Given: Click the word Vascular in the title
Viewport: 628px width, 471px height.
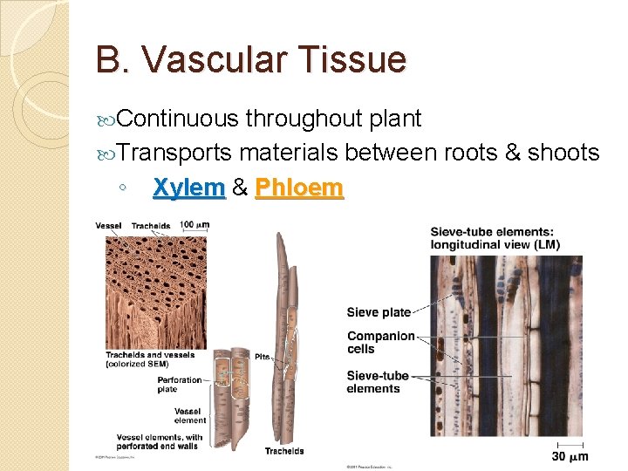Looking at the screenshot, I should pos(219,60).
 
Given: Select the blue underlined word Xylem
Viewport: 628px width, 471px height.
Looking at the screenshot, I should pos(188,188).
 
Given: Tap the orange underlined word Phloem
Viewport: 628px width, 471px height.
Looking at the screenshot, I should pos(299,188).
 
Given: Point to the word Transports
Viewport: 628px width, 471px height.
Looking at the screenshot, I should pos(174,154).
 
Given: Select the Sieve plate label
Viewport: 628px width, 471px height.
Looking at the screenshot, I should pos(379,312).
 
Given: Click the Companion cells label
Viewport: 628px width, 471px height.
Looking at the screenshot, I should pos(380,342).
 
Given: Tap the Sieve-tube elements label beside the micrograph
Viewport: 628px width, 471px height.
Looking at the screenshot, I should pos(378,382).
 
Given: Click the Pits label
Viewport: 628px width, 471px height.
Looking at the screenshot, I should pos(263,357).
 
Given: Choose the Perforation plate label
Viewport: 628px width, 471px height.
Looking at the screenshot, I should pos(180,385).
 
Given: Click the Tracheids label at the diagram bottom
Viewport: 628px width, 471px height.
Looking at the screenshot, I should pos(284,451).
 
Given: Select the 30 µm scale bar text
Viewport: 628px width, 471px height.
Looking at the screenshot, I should pos(570,456).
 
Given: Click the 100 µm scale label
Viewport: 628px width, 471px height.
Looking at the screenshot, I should pos(195,225).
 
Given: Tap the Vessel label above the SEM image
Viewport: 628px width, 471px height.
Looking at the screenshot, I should pos(108,226).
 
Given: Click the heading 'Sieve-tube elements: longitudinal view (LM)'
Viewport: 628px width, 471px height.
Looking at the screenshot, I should pos(495,237).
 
